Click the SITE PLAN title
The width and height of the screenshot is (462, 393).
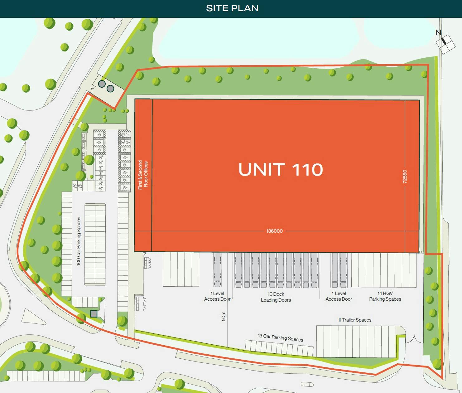coord(232,8)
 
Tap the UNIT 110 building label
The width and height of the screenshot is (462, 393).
coord(281,170)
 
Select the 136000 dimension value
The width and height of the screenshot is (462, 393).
coord(274,231)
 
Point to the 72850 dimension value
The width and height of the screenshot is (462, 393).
coord(405,176)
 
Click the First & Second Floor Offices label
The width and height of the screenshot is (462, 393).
coord(143,175)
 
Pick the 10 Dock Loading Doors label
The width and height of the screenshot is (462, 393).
coord(276,297)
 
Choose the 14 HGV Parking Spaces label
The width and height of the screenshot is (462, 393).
coord(385,296)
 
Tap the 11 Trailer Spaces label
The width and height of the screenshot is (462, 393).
coord(355,320)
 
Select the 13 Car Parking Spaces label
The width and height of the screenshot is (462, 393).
coord(281,337)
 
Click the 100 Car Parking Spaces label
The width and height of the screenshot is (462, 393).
coord(79,241)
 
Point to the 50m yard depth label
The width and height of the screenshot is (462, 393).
coord(223,316)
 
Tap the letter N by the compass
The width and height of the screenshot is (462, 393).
coord(438,32)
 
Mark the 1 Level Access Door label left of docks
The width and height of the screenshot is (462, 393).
coord(217,296)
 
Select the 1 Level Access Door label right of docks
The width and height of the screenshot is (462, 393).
coord(339,296)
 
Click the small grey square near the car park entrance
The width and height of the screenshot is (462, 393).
coord(94,314)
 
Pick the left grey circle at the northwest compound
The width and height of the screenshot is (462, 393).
coord(102,84)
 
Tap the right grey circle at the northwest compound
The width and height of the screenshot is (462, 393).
coord(110,89)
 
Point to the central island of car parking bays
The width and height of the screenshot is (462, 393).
coord(95,244)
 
